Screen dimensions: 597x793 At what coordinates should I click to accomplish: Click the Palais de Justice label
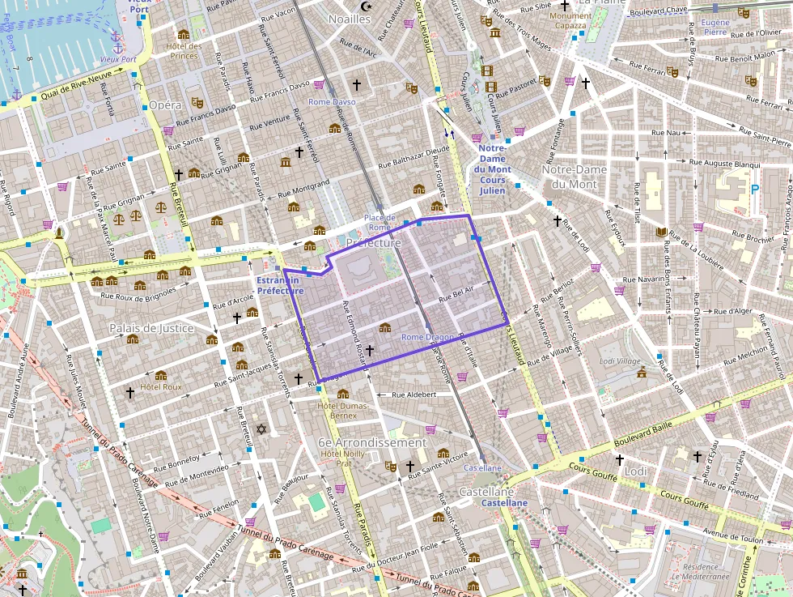click(151, 328)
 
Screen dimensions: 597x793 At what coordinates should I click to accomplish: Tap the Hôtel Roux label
click(161, 387)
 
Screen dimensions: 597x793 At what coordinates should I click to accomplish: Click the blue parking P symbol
click(755, 190)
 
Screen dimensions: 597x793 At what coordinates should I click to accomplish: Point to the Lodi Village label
click(619, 361)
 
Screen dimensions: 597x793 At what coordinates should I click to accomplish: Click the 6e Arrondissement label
click(371, 443)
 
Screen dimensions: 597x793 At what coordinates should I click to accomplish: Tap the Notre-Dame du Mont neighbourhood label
click(580, 177)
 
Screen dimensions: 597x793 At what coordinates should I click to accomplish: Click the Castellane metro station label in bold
click(504, 503)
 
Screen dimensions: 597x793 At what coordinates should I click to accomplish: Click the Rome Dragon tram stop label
click(427, 337)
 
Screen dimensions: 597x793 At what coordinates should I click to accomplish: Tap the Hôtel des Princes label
click(183, 51)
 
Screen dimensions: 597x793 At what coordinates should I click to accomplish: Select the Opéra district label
click(165, 106)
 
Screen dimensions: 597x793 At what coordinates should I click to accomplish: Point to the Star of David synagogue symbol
click(261, 429)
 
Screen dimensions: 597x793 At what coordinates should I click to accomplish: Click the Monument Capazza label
click(570, 21)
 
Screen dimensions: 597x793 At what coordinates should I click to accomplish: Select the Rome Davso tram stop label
click(331, 102)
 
